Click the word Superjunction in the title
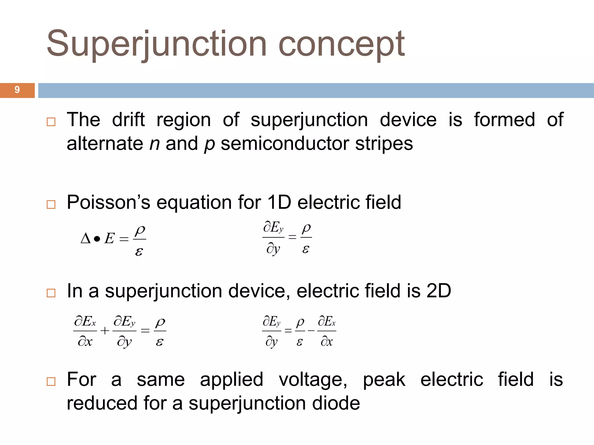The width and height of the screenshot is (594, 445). click(x=156, y=44)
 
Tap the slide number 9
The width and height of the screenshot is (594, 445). click(x=17, y=90)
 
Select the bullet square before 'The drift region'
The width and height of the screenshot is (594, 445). click(x=51, y=122)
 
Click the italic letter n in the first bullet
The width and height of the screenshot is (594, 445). click(x=155, y=144)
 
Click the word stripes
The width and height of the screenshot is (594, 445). click(x=384, y=144)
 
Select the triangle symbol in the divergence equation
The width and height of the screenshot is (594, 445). click(x=86, y=239)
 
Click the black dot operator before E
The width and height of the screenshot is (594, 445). click(x=97, y=239)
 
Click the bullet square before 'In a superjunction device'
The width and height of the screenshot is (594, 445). click(x=51, y=293)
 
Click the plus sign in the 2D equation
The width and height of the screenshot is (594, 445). click(x=105, y=331)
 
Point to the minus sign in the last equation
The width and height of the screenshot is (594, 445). click(x=311, y=331)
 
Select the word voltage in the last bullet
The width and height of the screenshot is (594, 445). click(x=313, y=380)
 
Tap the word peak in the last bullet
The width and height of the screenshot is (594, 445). click(x=384, y=380)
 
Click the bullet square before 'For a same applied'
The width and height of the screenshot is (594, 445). click(x=51, y=382)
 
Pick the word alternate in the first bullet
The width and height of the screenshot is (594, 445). click(x=105, y=144)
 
